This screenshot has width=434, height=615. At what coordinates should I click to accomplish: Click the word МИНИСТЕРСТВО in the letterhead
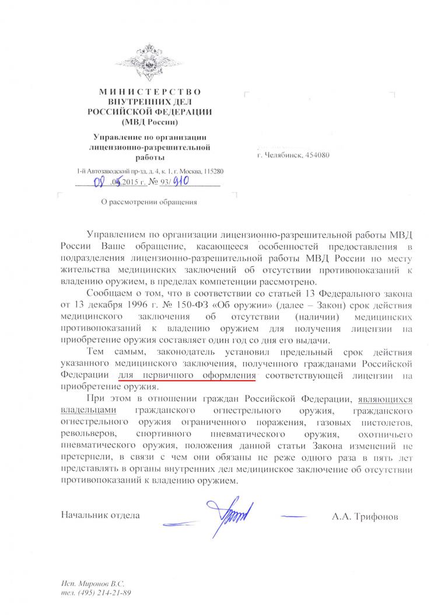149,92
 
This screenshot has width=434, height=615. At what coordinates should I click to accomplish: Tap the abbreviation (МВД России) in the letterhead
150,122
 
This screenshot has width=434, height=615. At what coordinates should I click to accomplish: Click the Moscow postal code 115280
212,172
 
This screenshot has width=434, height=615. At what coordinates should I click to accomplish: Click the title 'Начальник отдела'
100,516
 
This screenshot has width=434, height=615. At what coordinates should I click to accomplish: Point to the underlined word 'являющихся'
386,399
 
